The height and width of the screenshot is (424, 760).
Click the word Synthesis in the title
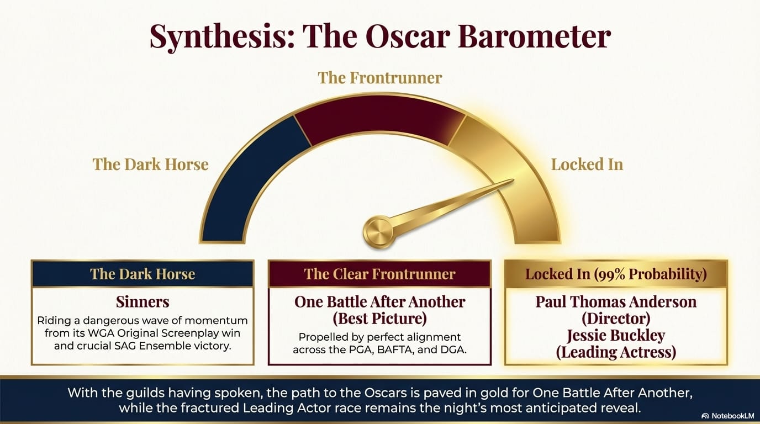(x=221, y=37)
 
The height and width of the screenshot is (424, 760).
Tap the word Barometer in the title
(x=534, y=36)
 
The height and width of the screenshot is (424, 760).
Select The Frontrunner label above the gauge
(x=379, y=78)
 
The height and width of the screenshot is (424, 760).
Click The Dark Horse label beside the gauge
(x=150, y=165)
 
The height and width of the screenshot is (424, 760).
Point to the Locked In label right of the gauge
(x=587, y=165)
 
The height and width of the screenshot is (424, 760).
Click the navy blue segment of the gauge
(x=247, y=176)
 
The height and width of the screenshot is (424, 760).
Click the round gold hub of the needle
(x=378, y=232)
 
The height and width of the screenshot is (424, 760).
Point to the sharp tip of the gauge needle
(x=513, y=181)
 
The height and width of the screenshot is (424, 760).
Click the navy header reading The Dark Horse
(x=142, y=274)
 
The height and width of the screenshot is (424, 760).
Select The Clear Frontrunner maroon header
(x=379, y=274)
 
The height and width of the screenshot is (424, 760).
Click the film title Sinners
(x=142, y=302)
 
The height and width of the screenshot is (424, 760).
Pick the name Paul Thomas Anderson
(x=616, y=302)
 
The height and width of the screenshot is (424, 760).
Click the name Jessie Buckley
(x=616, y=335)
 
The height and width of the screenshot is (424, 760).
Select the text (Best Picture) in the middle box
(x=379, y=319)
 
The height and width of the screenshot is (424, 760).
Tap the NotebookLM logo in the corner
(x=730, y=416)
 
